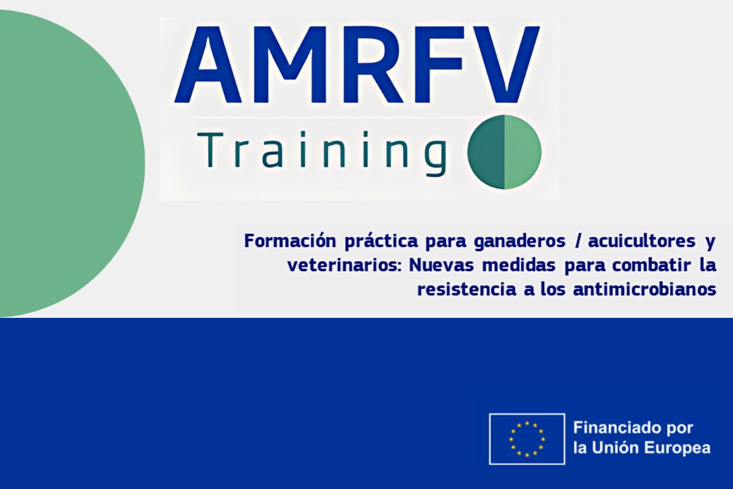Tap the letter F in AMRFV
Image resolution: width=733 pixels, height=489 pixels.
tap(439, 65)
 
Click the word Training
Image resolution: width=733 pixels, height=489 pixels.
tap(323, 153)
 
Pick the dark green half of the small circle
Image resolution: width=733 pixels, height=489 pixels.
tap(487, 152)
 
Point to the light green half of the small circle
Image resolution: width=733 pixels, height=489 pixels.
tap(523, 152)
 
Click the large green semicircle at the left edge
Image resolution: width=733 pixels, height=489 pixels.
tap(65, 163)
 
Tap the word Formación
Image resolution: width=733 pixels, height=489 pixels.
tap(290, 241)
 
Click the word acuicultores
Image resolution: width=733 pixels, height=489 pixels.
tap(642, 241)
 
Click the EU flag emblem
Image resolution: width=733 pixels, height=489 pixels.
tap(527, 439)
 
